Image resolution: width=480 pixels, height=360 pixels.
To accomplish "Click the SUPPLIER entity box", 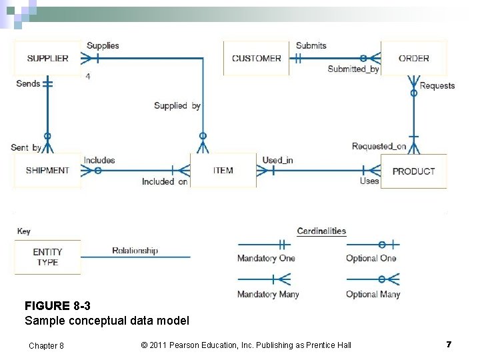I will point(47,59).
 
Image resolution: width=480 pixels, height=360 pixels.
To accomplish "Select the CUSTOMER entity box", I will point(257,59).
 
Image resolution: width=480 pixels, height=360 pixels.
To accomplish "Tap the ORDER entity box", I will point(413,59).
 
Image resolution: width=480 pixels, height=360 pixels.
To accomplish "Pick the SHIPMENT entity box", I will point(47,171).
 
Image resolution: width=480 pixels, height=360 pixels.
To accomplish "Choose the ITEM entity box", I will point(223,171).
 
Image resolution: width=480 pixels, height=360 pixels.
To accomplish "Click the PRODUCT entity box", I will point(413,171).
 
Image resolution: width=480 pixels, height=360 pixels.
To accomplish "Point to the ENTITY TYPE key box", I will point(47,257).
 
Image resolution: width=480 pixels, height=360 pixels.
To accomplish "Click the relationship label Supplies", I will point(103,45).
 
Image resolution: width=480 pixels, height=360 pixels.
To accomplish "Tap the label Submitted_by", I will point(353,69).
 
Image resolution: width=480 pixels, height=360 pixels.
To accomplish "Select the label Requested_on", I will point(379,147).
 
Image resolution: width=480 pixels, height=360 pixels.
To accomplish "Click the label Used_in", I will point(277,160).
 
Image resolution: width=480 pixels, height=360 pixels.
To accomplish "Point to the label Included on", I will point(164,181).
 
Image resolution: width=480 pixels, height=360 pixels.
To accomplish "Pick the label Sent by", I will point(26,147).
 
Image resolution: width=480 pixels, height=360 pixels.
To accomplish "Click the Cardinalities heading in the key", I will point(321,231).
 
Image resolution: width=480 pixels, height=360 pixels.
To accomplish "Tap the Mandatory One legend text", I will point(266,259).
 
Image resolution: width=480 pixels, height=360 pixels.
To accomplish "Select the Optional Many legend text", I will point(373,294).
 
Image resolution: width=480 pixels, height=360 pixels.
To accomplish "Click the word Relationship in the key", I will point(135,251).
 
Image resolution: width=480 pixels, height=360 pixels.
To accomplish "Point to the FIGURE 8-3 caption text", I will point(57,306).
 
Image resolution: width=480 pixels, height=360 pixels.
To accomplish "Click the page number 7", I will point(449,344).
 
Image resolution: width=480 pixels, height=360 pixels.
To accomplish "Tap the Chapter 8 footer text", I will point(46,345).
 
